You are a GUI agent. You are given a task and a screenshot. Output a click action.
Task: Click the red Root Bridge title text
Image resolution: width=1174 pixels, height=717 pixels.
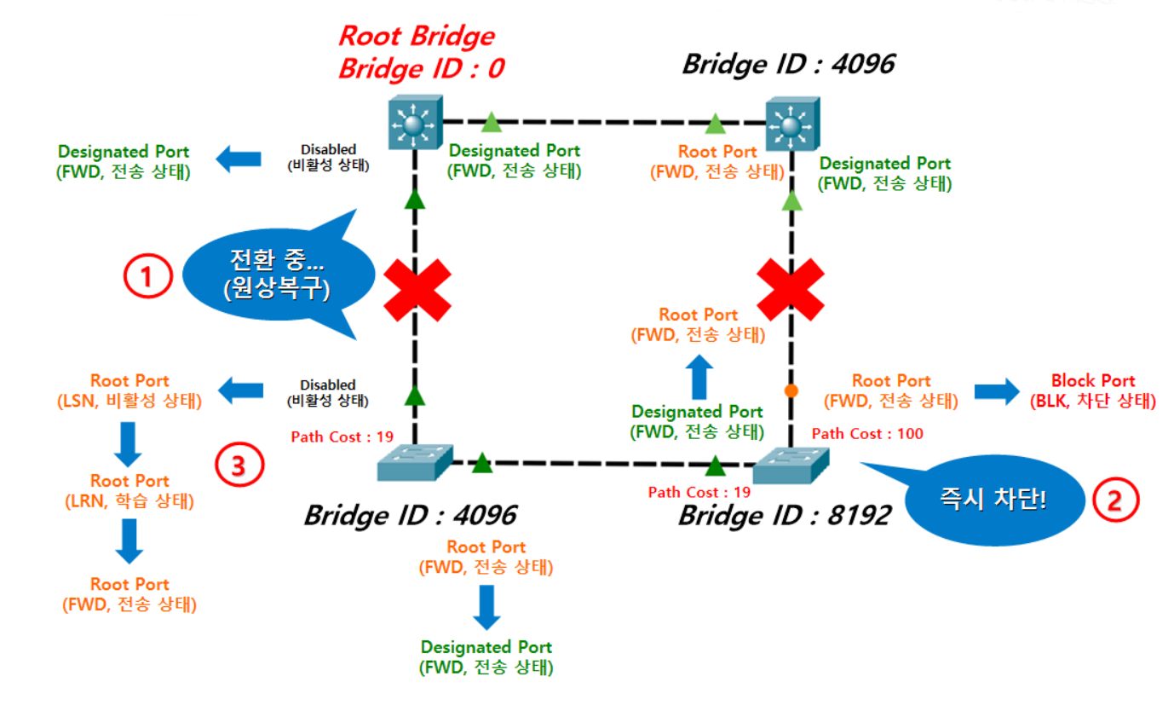(x=417, y=36)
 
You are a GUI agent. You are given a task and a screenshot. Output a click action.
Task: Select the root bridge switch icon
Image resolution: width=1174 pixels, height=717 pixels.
(x=415, y=123)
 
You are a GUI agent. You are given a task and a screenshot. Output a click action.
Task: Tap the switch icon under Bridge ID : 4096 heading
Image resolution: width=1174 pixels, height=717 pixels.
(x=792, y=124)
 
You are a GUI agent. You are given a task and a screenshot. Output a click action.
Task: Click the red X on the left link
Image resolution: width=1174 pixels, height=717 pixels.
(x=417, y=290)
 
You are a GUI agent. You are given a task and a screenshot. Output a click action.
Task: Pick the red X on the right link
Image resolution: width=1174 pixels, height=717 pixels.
(x=791, y=290)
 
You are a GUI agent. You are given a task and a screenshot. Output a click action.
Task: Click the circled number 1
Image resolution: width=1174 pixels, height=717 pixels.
(x=147, y=276)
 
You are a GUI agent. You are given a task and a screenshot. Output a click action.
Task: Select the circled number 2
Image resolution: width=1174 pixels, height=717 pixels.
(x=1115, y=500)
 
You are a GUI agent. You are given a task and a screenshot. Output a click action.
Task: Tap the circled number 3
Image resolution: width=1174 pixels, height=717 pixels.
(x=239, y=465)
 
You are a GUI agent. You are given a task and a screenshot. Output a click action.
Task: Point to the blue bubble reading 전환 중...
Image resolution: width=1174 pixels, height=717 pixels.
(x=278, y=274)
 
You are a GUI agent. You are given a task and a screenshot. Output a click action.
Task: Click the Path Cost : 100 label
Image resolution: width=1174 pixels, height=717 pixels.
(x=867, y=434)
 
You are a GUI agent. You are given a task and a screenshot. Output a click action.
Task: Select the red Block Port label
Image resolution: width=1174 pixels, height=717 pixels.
(x=1093, y=390)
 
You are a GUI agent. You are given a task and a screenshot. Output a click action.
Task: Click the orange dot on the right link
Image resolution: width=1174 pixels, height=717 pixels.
(x=791, y=390)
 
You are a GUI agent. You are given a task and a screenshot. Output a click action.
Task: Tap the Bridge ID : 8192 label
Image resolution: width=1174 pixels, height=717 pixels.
(x=785, y=516)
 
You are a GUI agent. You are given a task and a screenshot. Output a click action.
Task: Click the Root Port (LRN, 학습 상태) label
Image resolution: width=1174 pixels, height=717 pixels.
(x=129, y=491)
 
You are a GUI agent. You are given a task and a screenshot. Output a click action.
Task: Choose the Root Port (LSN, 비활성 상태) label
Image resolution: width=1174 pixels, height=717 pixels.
(x=129, y=390)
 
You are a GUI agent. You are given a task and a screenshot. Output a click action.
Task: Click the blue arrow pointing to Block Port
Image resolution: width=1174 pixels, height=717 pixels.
(x=997, y=391)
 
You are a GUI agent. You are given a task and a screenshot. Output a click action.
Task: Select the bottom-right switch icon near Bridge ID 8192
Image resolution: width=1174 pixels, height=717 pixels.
(x=791, y=465)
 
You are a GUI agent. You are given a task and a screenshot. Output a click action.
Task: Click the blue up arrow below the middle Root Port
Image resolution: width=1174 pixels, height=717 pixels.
(x=699, y=377)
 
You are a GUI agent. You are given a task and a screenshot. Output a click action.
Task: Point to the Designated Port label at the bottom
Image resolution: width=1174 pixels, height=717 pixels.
(x=486, y=657)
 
